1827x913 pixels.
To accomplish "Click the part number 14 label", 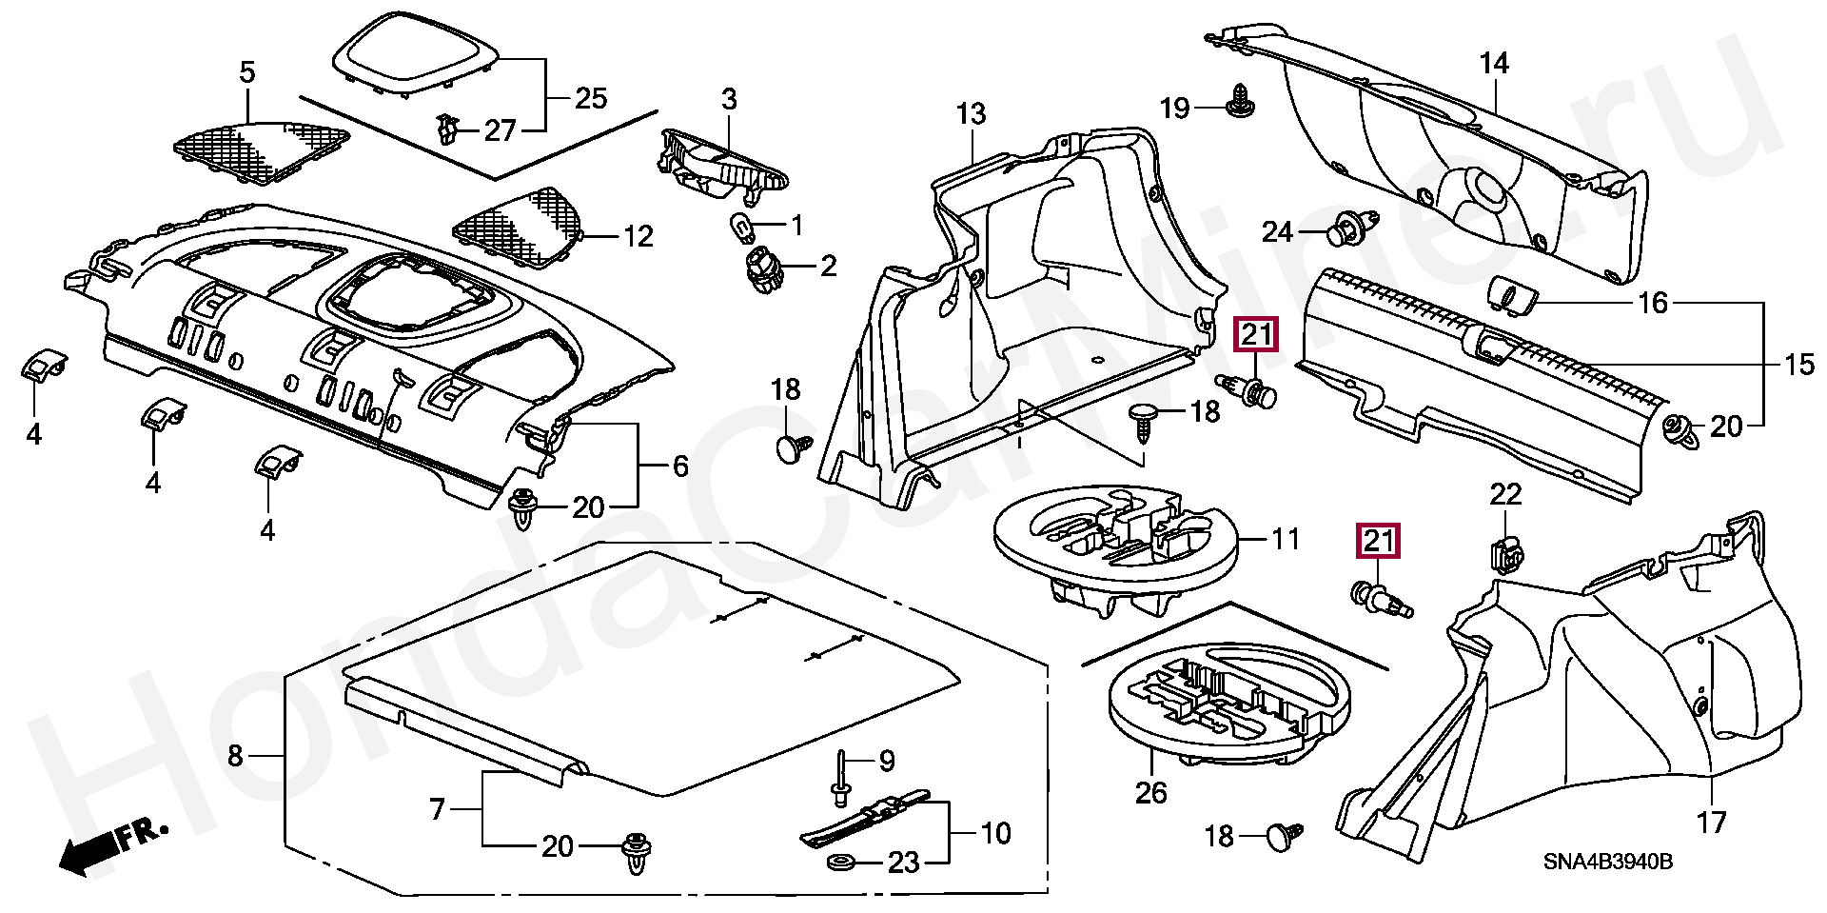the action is (x=1494, y=64).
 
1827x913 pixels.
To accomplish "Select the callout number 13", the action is (x=972, y=113).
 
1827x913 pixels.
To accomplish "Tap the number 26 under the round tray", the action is (x=1150, y=791).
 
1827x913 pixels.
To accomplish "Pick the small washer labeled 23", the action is (x=840, y=863).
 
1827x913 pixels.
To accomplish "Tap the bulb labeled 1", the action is (x=740, y=227).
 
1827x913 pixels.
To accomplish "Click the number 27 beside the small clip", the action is (x=500, y=130).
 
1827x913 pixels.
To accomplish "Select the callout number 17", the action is (x=1711, y=821).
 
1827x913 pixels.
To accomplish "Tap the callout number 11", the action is (x=1285, y=540).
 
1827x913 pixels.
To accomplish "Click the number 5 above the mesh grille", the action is (x=247, y=71).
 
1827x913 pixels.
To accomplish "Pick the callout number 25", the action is (x=591, y=98).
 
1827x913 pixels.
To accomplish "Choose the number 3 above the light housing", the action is (x=728, y=98).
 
